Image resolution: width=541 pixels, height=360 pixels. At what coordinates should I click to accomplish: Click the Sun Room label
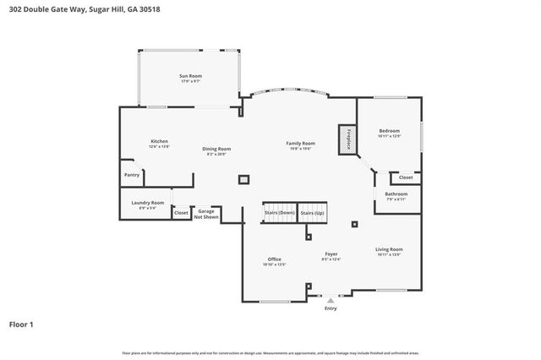point(190,76)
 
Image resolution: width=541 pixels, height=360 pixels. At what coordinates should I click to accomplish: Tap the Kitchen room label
point(160,141)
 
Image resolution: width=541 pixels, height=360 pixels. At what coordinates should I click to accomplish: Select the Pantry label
point(132,175)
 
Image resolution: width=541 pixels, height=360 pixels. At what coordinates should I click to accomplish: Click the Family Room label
point(301,143)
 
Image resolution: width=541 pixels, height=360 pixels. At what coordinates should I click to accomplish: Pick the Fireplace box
point(346,139)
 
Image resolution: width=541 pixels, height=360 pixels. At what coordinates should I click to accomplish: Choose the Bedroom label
point(389,131)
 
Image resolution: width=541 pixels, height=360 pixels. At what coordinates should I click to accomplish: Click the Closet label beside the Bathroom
point(406,177)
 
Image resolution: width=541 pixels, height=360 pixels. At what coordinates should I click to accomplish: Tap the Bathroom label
point(396,194)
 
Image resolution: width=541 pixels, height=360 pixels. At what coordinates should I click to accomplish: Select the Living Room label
point(389,249)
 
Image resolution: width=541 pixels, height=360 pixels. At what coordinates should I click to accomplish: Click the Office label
point(275,259)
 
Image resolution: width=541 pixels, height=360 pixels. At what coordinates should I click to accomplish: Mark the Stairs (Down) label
point(279,213)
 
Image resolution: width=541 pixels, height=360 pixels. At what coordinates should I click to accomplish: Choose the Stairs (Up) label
point(312,213)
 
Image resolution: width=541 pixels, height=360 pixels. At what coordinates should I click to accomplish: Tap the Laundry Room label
point(147,203)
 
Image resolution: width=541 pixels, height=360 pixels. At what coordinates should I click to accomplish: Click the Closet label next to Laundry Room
point(181,213)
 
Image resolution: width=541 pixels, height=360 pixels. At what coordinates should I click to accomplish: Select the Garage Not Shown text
point(207,214)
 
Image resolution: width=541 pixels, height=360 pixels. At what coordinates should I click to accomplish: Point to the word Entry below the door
point(331,308)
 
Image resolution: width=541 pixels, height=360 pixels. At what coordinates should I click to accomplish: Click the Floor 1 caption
point(22,324)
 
